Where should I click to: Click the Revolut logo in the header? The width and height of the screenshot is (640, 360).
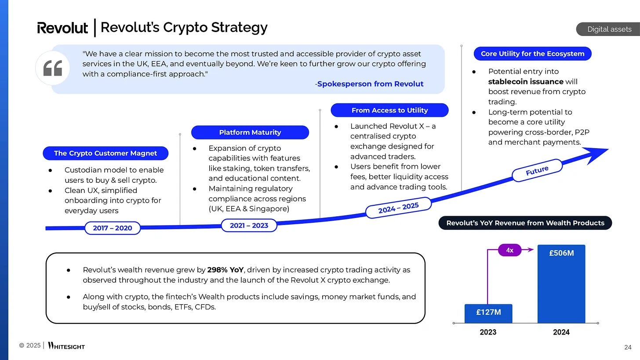(62, 28)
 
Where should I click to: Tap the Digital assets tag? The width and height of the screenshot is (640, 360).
(609, 29)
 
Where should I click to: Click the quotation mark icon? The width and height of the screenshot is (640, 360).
(53, 68)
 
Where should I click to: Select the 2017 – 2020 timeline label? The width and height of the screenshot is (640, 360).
(112, 228)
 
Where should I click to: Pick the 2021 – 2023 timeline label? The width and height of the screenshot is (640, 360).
(249, 225)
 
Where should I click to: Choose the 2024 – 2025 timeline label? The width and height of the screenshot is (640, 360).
(398, 207)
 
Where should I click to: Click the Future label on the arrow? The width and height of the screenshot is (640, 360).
(537, 171)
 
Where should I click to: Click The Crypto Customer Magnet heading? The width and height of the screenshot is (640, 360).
(105, 153)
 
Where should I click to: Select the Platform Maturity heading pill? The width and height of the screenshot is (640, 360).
(250, 132)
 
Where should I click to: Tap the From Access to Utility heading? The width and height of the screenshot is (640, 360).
(389, 110)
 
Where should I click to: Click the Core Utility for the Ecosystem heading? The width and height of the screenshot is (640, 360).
(532, 54)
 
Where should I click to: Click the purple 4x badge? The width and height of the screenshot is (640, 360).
(509, 250)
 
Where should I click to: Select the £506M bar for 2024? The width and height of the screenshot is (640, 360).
(561, 284)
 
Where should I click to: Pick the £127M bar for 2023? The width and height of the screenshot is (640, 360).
(488, 313)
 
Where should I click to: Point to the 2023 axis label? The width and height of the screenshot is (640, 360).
(488, 332)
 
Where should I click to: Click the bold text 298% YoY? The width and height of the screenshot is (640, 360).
(225, 269)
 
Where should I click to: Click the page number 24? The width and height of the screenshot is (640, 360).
(628, 348)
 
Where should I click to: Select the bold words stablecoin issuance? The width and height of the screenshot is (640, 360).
(526, 82)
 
